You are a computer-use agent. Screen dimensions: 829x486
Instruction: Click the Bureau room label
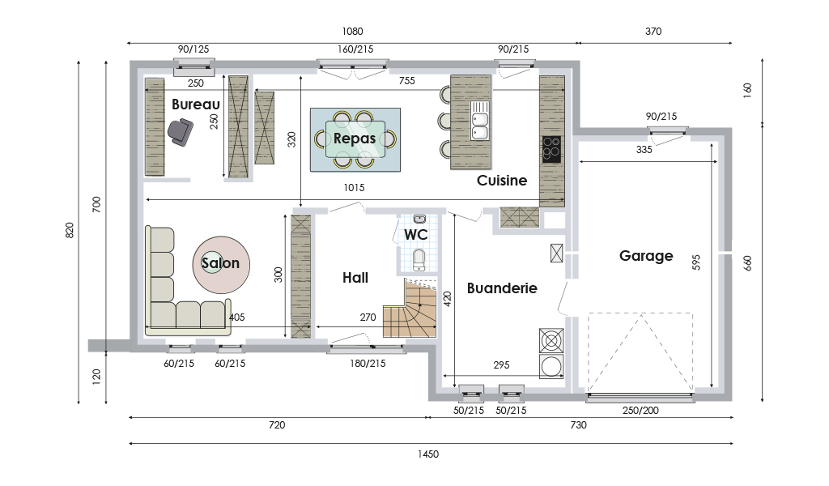(x=196, y=104)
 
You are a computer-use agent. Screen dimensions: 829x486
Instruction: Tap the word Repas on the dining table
(x=355, y=139)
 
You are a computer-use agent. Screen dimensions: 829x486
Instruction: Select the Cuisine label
(x=502, y=181)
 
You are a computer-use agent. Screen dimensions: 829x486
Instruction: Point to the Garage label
(x=646, y=256)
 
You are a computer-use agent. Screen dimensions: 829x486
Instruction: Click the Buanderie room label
(x=502, y=288)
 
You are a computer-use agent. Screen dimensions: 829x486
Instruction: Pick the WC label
(x=415, y=234)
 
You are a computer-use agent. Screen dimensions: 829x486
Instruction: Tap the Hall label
(x=355, y=278)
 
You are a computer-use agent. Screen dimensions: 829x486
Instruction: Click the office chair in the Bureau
(x=181, y=132)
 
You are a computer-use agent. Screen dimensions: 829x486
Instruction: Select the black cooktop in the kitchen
(x=552, y=149)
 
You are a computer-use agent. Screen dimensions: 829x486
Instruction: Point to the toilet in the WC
(x=419, y=259)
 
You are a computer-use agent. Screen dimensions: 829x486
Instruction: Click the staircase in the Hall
(x=410, y=309)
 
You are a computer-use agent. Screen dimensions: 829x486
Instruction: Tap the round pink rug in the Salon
(x=221, y=265)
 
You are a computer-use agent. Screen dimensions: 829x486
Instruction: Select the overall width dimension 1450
(x=428, y=454)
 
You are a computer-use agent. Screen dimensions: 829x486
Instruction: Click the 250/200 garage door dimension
(x=640, y=411)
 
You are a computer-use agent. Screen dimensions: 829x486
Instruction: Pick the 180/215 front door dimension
(x=368, y=364)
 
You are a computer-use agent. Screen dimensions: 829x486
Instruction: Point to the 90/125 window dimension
(x=193, y=49)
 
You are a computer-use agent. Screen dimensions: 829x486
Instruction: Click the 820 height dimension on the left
(x=70, y=230)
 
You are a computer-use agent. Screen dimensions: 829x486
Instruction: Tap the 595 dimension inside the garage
(x=696, y=262)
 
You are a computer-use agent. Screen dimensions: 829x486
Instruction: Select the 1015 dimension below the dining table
(x=355, y=188)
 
